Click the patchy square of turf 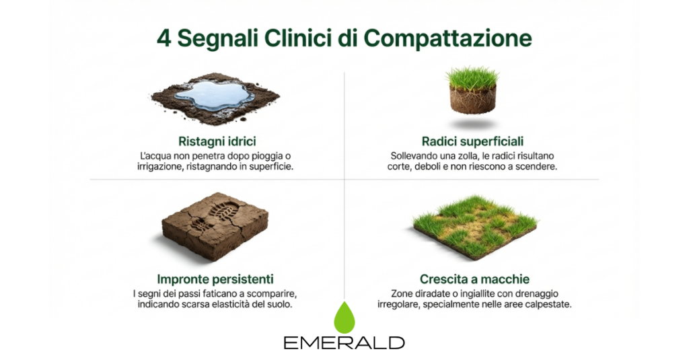pyautogui.click(x=474, y=226)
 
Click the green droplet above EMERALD pyautogui.click(x=344, y=316)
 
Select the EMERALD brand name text pyautogui.click(x=344, y=343)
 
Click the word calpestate pyautogui.click(x=546, y=305)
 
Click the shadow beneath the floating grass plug pyautogui.click(x=472, y=124)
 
